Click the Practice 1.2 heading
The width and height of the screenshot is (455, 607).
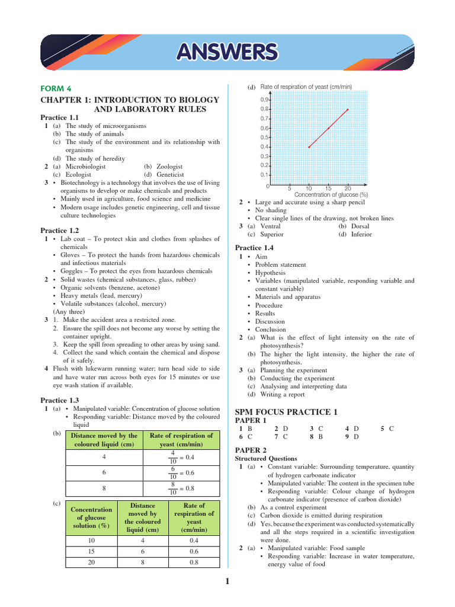[59, 230]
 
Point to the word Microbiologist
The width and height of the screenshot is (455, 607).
[85, 167]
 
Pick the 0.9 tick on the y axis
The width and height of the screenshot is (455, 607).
[265, 100]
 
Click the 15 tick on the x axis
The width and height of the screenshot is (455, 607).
[328, 188]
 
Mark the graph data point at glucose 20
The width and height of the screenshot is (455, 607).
[348, 109]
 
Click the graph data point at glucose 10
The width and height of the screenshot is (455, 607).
[309, 147]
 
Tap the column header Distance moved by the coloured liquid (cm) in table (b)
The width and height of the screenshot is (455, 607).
[104, 440]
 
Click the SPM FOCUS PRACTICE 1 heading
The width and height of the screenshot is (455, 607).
[286, 411]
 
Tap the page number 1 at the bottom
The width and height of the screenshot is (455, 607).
[227, 583]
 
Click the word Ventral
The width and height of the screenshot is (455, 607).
[270, 226]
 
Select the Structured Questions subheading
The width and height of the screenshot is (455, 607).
[267, 459]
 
